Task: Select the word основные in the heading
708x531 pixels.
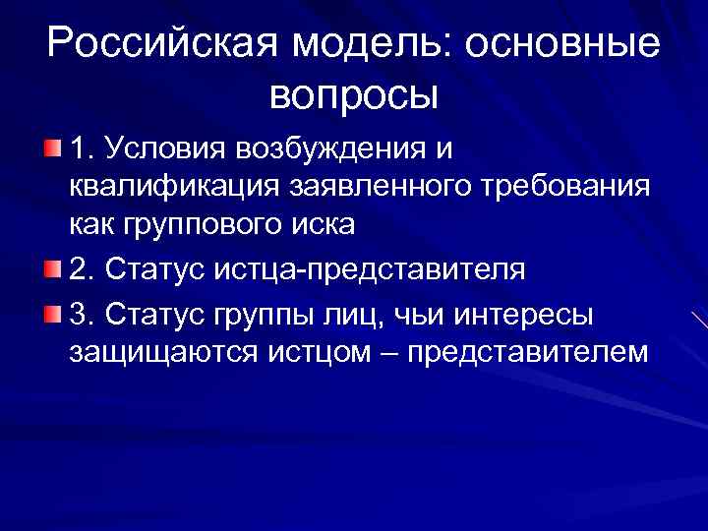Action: coord(565,45)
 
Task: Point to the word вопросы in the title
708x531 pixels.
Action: coord(353,95)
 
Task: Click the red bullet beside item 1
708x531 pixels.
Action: coord(51,148)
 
